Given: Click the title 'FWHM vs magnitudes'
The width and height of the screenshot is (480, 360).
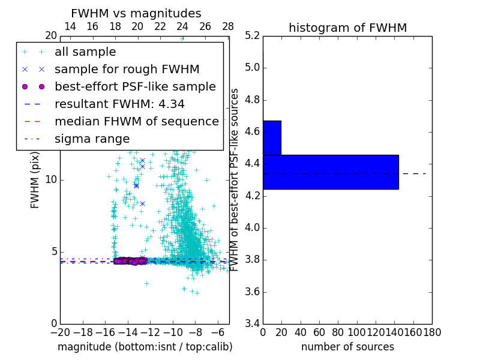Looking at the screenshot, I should click(x=136, y=13).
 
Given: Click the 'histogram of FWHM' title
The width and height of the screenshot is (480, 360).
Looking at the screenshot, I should click(x=347, y=28).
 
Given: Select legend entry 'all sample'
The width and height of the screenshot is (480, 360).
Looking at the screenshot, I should click(x=85, y=52).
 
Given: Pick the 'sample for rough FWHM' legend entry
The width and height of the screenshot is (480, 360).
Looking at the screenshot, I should click(x=127, y=69).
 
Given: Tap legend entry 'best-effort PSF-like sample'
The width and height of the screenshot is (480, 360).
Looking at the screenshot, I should click(x=135, y=86).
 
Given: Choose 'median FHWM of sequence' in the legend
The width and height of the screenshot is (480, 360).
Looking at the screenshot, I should click(x=136, y=121).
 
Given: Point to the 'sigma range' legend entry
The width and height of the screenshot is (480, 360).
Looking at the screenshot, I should click(x=92, y=139).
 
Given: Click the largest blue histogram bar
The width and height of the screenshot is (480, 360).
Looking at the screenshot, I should click(x=331, y=172).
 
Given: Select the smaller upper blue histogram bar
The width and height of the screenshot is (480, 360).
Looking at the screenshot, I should click(x=272, y=137).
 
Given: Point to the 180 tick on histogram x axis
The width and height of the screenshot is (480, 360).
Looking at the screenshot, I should click(x=431, y=332).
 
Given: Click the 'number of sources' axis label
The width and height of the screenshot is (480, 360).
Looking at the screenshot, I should click(x=347, y=347).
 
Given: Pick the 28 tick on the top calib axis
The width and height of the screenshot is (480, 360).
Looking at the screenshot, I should click(x=228, y=27).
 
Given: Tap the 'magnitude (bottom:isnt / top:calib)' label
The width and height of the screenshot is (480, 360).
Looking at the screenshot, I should click(x=145, y=347).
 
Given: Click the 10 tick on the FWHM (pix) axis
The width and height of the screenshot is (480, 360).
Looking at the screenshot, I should click(x=50, y=180).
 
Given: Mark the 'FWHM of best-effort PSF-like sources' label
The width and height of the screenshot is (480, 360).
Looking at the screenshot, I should click(x=235, y=180).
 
